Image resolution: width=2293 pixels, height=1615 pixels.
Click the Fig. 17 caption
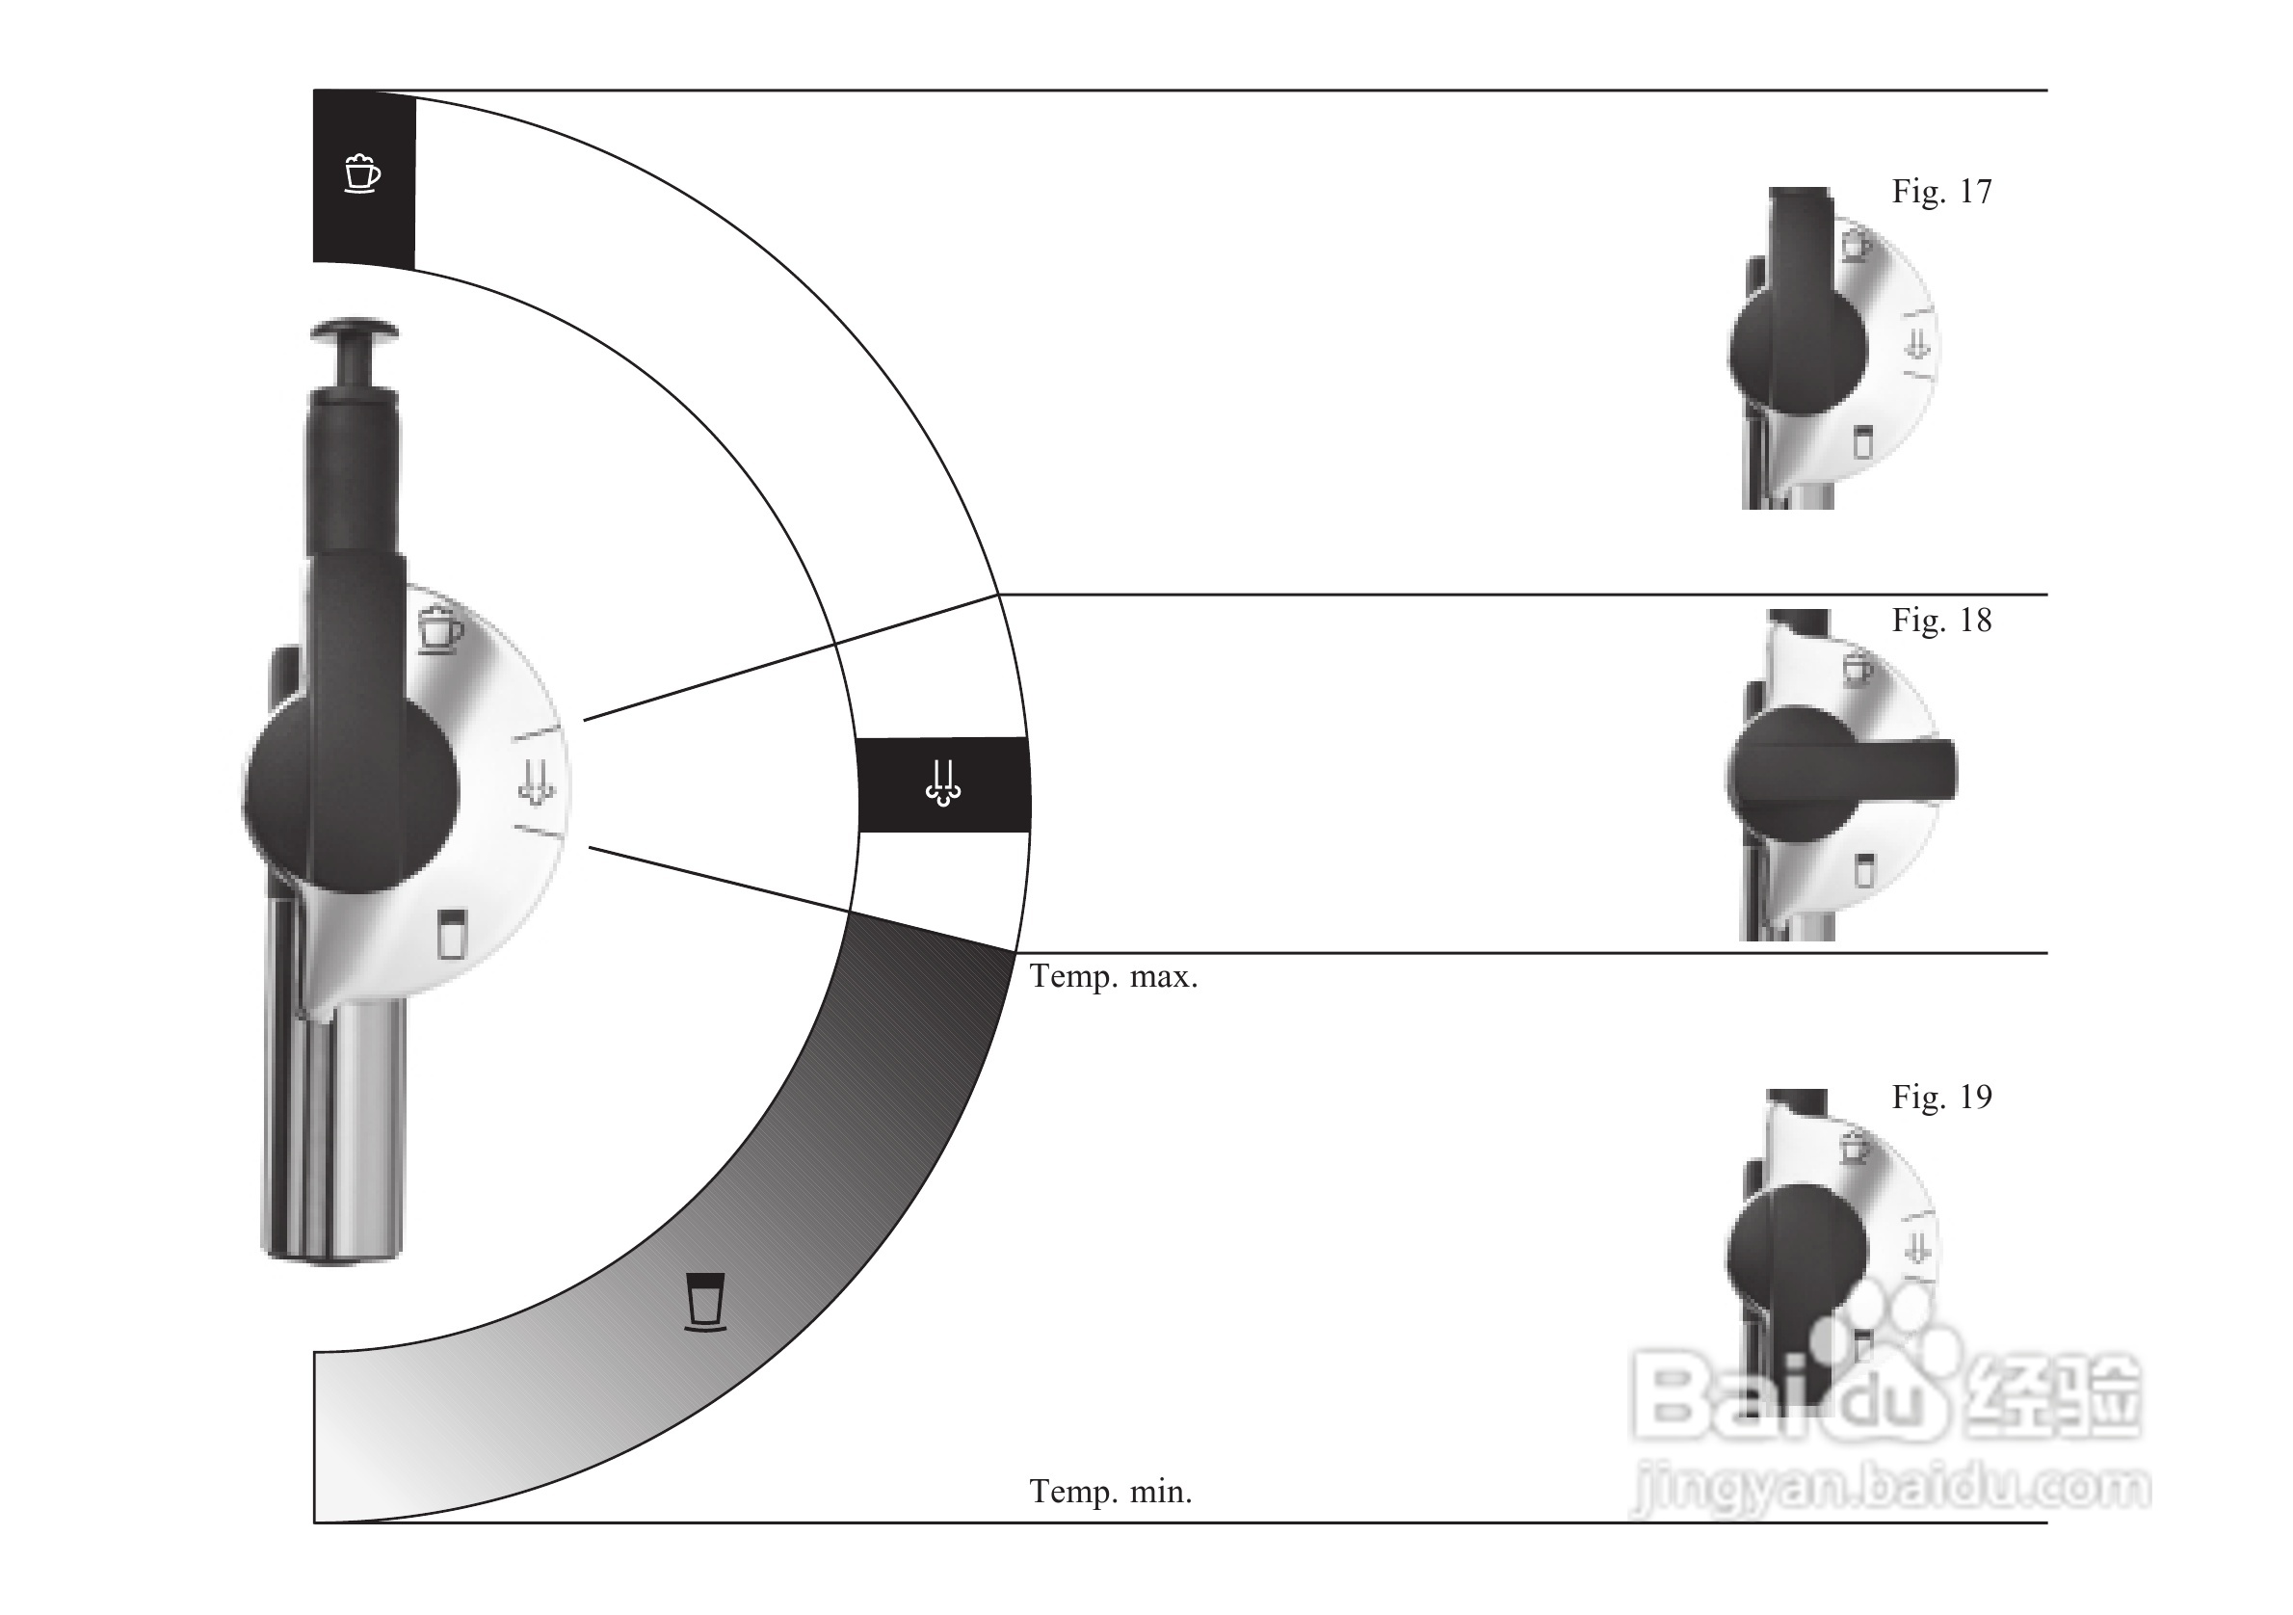point(1941,191)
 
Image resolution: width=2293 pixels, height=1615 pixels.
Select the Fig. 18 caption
point(1941,621)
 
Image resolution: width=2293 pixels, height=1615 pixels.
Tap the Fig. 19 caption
point(1941,1097)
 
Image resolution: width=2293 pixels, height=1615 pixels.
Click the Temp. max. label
point(1113,977)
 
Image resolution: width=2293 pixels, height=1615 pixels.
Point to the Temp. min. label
point(1111,1493)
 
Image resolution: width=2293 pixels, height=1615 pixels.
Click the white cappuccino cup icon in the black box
point(361,173)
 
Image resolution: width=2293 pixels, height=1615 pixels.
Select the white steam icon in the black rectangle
point(943,784)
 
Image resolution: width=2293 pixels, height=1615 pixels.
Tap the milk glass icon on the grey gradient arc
point(706,1303)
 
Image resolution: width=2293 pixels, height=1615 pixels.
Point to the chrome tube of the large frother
point(333,1128)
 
